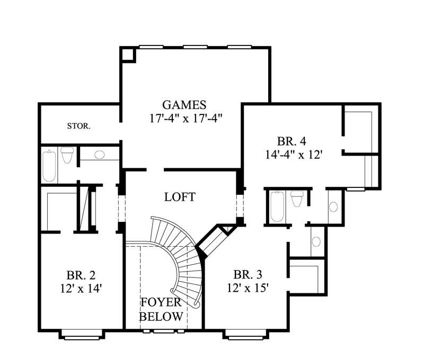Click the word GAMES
184,105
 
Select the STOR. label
78,126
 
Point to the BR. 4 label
292,141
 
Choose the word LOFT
180,197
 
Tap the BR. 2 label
81,276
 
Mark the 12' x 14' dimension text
81,289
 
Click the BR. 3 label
248,275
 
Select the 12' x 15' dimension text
248,288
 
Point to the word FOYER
161,303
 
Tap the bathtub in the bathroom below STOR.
49,165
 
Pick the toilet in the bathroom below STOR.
67,155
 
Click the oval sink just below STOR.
99,155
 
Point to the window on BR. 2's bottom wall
81,334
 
